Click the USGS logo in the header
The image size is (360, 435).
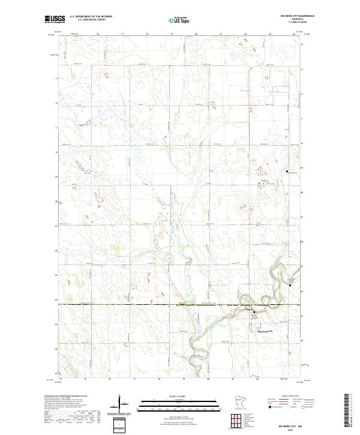tap(55, 19)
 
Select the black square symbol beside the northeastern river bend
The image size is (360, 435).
tap(292, 285)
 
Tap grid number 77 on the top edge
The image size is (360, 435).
tap(123, 34)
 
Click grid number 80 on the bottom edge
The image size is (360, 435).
tap(208, 379)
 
